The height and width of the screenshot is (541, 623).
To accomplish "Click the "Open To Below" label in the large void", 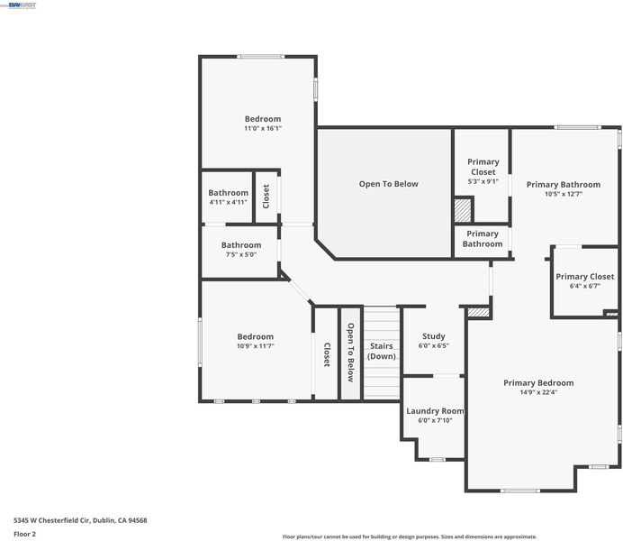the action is pos(389,184).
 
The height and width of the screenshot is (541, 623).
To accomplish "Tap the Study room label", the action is pos(433,336).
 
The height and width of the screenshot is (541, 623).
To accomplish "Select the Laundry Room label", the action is pos(435,411).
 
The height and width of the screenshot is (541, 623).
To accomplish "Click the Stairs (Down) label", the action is pos(382,351).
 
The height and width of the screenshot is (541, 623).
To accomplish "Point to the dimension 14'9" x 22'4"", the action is pos(538,392).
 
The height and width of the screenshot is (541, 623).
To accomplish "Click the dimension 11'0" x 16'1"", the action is pos(263,128).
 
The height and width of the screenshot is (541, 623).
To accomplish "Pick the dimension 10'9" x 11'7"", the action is pos(256,346).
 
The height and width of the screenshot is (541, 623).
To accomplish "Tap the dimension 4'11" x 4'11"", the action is pos(228,202).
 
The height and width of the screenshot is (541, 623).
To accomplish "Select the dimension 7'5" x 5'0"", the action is pos(241,254).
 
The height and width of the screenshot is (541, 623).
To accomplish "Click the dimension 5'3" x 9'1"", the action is pos(483,181).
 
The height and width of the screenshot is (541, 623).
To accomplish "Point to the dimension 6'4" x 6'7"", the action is pos(585,286).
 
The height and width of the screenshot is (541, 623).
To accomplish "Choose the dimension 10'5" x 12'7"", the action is pos(564,194).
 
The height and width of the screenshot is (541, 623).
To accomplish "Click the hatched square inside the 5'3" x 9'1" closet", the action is pos(463,210).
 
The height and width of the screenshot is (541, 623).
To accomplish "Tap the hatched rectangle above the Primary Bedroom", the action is pos(478,312).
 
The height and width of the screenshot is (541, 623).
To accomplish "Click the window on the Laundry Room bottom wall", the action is pos(437,460).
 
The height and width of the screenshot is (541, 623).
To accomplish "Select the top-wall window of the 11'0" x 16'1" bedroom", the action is pos(261,57).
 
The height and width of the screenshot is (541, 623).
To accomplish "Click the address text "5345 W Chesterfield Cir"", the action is pos(52,520).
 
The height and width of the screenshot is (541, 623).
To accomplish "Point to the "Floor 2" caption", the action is pos(24,534).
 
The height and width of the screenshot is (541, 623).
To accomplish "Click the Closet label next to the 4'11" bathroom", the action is pos(266,197).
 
